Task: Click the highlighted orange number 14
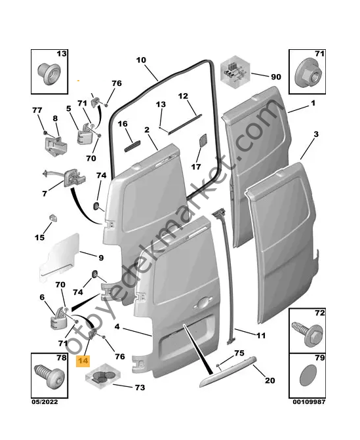point(83,359)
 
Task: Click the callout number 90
point(275,77)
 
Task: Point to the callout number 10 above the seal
point(141,60)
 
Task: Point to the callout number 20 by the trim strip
point(270,380)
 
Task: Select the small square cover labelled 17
point(202,141)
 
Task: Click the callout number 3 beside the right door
point(315,134)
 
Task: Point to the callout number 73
point(139,388)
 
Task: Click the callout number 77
point(37,110)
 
